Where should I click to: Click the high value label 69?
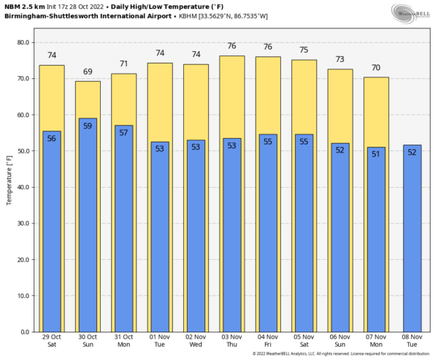click(x=88, y=72)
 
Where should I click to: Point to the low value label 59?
click(x=88, y=126)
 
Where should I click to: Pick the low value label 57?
click(x=123, y=133)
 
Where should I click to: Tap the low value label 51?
click(x=376, y=154)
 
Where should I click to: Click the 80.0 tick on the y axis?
click(x=22, y=42)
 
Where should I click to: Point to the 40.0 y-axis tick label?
click(x=22, y=187)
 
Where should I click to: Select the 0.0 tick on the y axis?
click(x=24, y=332)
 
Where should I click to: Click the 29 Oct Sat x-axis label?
click(x=52, y=341)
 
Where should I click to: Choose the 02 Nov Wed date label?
click(x=196, y=341)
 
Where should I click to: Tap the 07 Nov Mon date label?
click(x=376, y=341)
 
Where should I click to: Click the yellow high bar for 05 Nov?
click(x=304, y=95)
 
